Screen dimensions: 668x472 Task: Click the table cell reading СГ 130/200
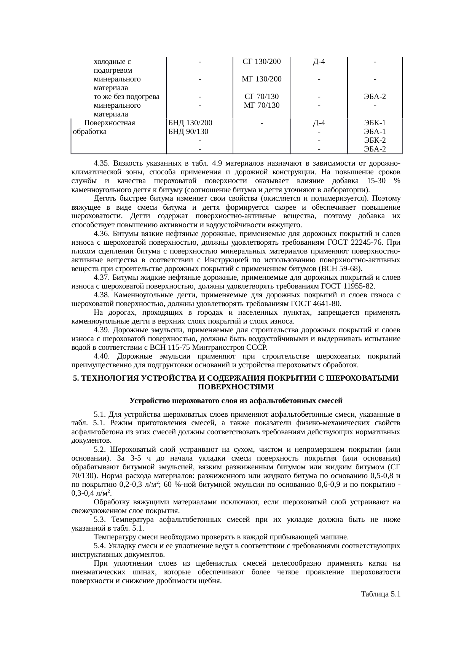262,62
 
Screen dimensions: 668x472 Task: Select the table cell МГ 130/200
262,79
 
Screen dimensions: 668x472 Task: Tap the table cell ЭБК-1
375,123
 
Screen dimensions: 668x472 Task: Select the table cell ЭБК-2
375,140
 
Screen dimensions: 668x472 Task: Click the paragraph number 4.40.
102,357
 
